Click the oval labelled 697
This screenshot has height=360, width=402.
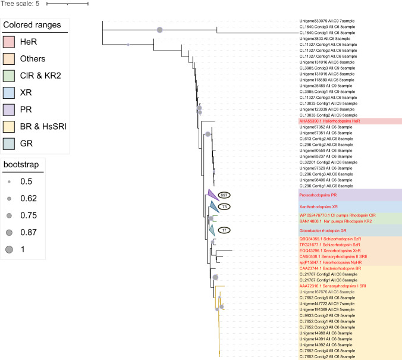point(224,195)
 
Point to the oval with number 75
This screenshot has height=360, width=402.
point(224,206)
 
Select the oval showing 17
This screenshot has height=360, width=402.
point(224,230)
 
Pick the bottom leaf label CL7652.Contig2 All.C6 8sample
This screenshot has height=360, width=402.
point(328,356)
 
